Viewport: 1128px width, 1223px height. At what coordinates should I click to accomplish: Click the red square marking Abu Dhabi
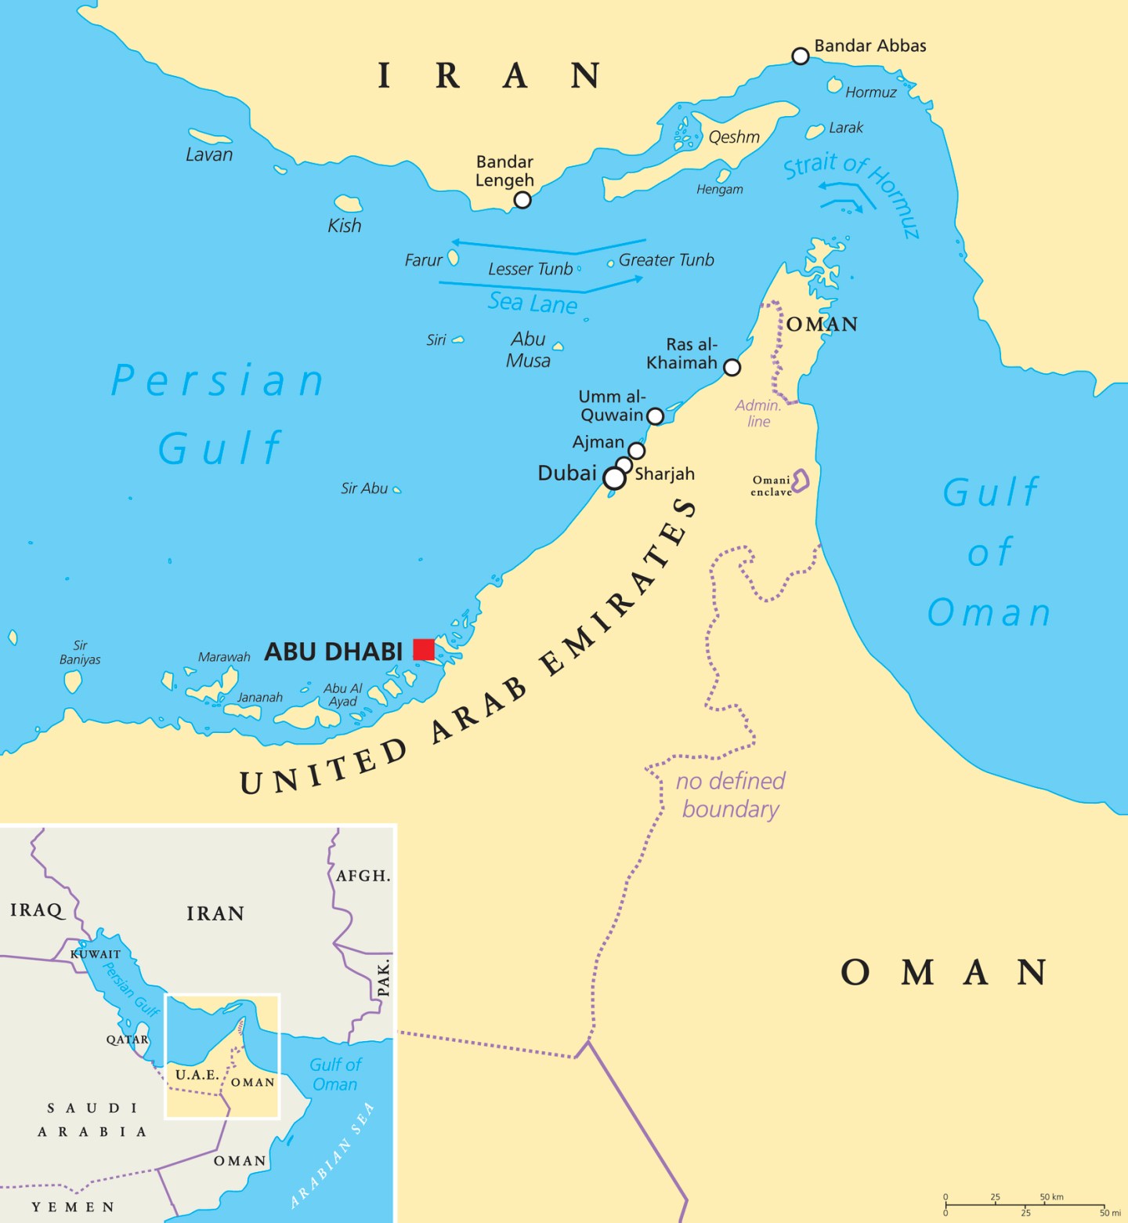pyautogui.click(x=424, y=649)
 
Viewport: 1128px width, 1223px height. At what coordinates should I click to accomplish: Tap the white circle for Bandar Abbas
pyautogui.click(x=800, y=56)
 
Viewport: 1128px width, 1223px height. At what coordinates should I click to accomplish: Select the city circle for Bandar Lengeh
pyautogui.click(x=522, y=200)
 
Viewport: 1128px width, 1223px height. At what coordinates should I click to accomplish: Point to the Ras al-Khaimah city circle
pyautogui.click(x=732, y=367)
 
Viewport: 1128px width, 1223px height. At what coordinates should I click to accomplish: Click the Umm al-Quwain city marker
pyautogui.click(x=656, y=416)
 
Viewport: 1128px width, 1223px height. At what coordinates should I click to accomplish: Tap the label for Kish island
pyautogui.click(x=345, y=226)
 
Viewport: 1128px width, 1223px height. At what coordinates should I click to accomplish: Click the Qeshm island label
pyautogui.click(x=734, y=137)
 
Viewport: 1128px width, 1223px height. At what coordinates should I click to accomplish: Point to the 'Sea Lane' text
pyautogui.click(x=533, y=303)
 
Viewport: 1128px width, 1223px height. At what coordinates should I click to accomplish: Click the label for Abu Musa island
pyautogui.click(x=529, y=350)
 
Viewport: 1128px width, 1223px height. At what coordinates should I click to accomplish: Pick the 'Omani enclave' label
pyautogui.click(x=772, y=486)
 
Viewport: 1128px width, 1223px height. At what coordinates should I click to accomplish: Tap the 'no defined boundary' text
pyautogui.click(x=731, y=795)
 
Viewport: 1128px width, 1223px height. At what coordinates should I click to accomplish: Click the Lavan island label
pyautogui.click(x=209, y=154)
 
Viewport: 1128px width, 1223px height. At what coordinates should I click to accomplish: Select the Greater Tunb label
pyautogui.click(x=667, y=259)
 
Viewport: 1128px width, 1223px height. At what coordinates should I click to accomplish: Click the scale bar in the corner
pyautogui.click(x=1025, y=1205)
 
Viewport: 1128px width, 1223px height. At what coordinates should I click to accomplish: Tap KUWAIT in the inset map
pyautogui.click(x=96, y=954)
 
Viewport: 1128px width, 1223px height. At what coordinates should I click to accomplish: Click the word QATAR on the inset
pyautogui.click(x=128, y=1040)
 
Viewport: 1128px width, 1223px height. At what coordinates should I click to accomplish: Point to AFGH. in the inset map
pyautogui.click(x=363, y=876)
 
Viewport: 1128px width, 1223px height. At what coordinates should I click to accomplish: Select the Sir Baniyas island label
pyautogui.click(x=80, y=652)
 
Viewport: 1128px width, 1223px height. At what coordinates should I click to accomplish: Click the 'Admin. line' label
pyautogui.click(x=758, y=413)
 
